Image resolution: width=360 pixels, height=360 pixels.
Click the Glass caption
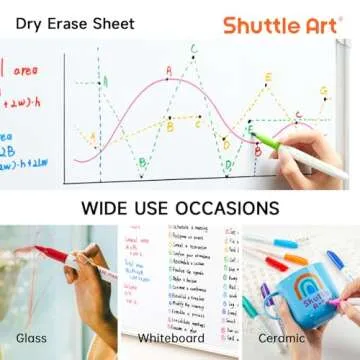pos(32,338)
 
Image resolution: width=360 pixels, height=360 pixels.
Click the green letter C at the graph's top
pos(193,47)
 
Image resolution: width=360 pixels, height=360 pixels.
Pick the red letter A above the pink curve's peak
pos(168,70)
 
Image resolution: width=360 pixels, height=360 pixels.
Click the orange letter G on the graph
pos(323,91)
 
